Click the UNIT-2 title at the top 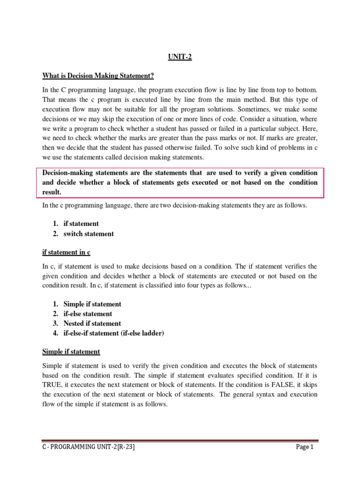pos(180,58)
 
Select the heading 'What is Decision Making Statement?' pos(98,76)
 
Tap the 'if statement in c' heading pos(66,252)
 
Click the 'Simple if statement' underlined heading pos(71,352)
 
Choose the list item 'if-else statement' pos(88,314)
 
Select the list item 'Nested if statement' pos(92,323)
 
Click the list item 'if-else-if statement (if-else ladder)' pos(114,333)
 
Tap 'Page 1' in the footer pos(305,447)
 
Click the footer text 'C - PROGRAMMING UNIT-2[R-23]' pos(89,447)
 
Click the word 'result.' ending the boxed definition pos(52,192)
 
